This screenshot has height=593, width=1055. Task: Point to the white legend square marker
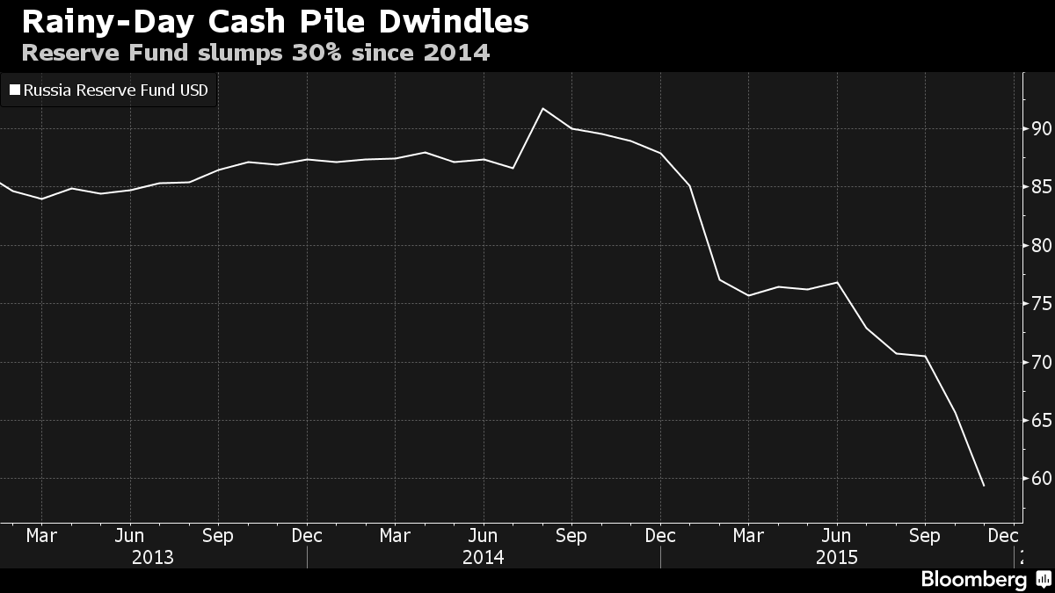[x=14, y=89]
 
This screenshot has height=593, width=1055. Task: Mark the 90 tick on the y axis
[x=1042, y=129]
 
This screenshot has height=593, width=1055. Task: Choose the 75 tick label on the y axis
[x=1042, y=304]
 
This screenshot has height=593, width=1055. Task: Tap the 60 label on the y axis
[x=1042, y=479]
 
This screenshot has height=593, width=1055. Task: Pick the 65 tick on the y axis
[x=1042, y=421]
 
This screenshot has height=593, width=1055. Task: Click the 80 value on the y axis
[x=1042, y=246]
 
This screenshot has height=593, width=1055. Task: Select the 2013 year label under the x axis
[x=152, y=557]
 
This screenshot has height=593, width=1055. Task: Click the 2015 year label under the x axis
[x=836, y=557]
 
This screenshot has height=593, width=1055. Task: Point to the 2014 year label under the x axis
[x=483, y=557]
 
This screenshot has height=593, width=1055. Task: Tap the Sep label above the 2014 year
[x=571, y=535]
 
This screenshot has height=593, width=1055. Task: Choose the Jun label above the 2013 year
[x=130, y=535]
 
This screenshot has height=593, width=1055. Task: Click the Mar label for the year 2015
[x=748, y=535]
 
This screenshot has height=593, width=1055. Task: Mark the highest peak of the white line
[x=542, y=108]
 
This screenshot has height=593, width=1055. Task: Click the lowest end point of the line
[x=983, y=486]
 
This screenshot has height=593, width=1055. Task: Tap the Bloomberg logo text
[x=973, y=579]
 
